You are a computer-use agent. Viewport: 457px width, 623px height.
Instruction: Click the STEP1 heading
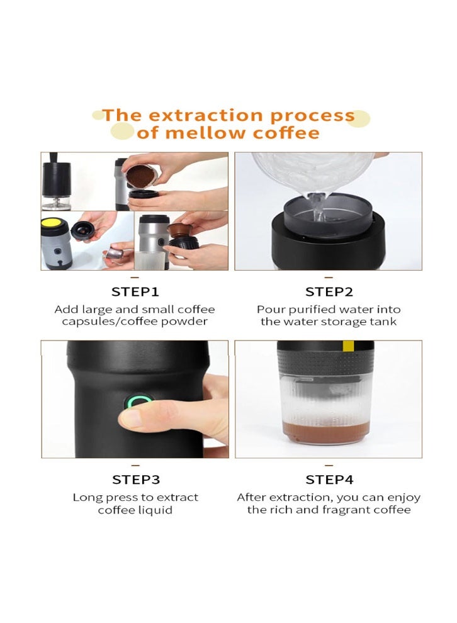[x=135, y=292]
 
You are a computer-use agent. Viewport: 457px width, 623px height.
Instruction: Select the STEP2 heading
[x=329, y=292]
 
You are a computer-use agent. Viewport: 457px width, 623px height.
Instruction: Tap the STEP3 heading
[x=136, y=480]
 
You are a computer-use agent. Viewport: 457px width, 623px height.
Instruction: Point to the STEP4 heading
[x=329, y=480]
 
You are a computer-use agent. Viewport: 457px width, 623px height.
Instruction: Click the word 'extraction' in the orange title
[x=205, y=115]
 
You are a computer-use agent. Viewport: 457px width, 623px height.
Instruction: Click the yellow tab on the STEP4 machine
[x=348, y=345]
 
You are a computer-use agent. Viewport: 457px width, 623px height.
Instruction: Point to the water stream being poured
[x=318, y=206]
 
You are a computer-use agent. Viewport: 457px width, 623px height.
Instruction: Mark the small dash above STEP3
[x=135, y=465]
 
